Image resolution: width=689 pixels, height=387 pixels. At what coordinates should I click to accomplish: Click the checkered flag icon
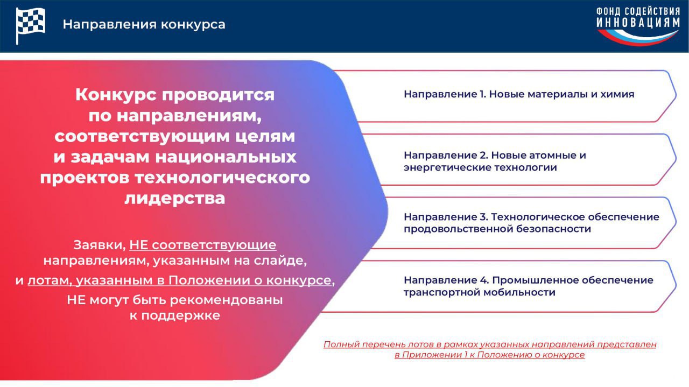pyautogui.click(x=30, y=25)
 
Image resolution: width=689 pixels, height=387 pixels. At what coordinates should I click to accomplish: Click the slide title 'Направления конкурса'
pyautogui.click(x=144, y=24)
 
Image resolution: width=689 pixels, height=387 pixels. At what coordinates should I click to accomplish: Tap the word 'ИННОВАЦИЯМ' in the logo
pyautogui.click(x=638, y=23)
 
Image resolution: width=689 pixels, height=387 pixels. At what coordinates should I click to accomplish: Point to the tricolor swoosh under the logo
pyautogui.click(x=638, y=37)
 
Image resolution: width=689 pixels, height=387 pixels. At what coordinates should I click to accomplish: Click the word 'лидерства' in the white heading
pyautogui.click(x=175, y=198)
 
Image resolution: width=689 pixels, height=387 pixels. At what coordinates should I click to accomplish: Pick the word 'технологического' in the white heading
pyautogui.click(x=222, y=178)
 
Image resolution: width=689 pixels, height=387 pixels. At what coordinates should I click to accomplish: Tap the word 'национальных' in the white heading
pyautogui.click(x=226, y=157)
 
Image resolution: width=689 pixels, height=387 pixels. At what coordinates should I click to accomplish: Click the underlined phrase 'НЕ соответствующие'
pyautogui.click(x=203, y=245)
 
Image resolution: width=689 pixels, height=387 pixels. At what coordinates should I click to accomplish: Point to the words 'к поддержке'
pyautogui.click(x=175, y=315)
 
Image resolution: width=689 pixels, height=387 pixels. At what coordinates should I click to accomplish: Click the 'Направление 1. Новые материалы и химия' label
pyautogui.click(x=519, y=94)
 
